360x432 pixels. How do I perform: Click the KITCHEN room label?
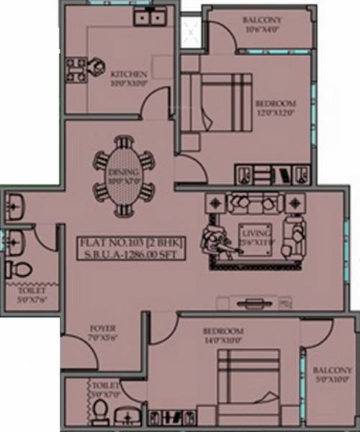[x=130, y=73]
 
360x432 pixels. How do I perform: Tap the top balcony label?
[x=261, y=19]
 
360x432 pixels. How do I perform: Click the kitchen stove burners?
[x=75, y=70]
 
